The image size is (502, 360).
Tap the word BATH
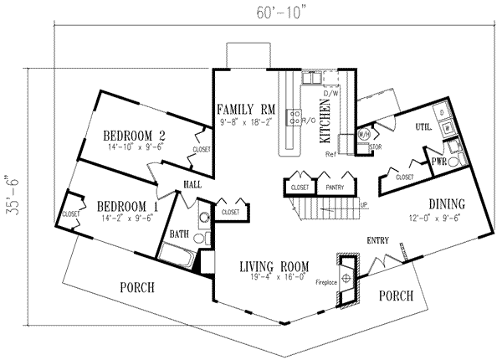(x=180, y=234)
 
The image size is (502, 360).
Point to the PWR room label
(x=437, y=159)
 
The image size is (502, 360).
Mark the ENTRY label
(x=378, y=242)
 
